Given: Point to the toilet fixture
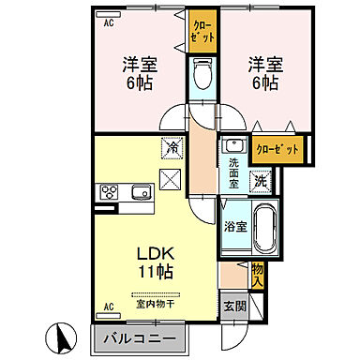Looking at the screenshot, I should [x=202, y=75].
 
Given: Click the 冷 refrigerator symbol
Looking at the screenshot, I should [x=172, y=146].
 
